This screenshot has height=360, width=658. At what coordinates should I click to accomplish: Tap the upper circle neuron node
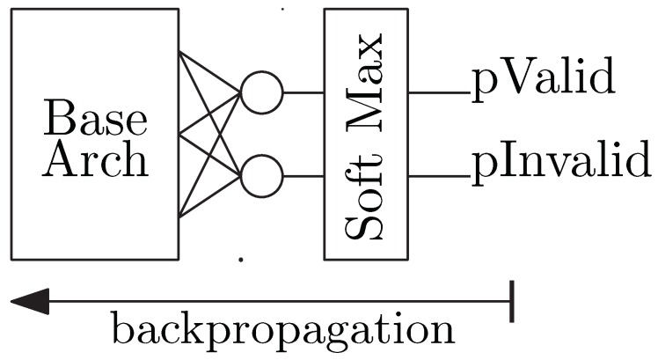point(261,92)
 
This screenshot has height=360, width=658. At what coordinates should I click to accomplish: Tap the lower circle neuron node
point(261,177)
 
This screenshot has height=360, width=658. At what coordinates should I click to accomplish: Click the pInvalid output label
point(563,165)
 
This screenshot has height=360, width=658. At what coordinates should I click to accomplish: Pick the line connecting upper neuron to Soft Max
point(303,92)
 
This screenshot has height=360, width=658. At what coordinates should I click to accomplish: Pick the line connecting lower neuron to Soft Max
point(303,177)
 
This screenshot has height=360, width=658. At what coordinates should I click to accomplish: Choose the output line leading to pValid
point(440,92)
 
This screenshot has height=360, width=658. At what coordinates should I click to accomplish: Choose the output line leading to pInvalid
point(440,177)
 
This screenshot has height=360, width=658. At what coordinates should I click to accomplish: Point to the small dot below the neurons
point(240,260)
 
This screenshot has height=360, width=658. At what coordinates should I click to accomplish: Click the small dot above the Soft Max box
point(282,8)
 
